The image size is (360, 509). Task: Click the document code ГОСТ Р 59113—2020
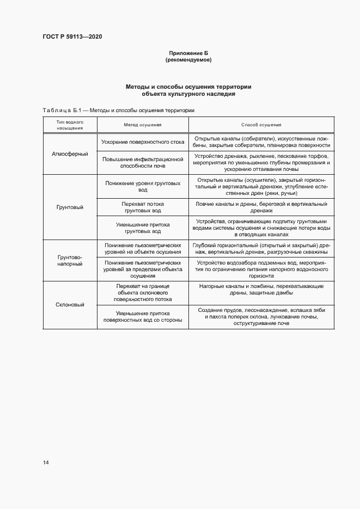tap(72, 37)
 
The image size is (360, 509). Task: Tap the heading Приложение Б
tap(188, 53)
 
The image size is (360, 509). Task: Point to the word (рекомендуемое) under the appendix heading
tap(188, 60)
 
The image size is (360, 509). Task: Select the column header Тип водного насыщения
tap(70, 125)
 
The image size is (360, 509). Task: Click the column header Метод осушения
tap(142, 125)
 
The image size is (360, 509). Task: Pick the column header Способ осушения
tap(261, 125)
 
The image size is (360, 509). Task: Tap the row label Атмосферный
tap(70, 154)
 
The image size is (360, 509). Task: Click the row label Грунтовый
tap(70, 207)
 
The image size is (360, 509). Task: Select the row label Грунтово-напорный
tap(70, 260)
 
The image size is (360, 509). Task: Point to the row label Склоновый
tap(70, 305)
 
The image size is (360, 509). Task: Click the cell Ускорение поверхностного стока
tap(142, 142)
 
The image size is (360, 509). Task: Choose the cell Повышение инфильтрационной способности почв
tap(142, 162)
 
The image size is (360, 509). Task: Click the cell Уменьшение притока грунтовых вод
tap(142, 228)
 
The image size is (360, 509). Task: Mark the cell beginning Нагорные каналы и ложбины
tap(261, 289)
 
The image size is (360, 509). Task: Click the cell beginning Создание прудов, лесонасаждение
tap(261, 316)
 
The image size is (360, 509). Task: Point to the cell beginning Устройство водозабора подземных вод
tap(261, 269)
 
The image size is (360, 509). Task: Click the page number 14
tap(46, 463)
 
